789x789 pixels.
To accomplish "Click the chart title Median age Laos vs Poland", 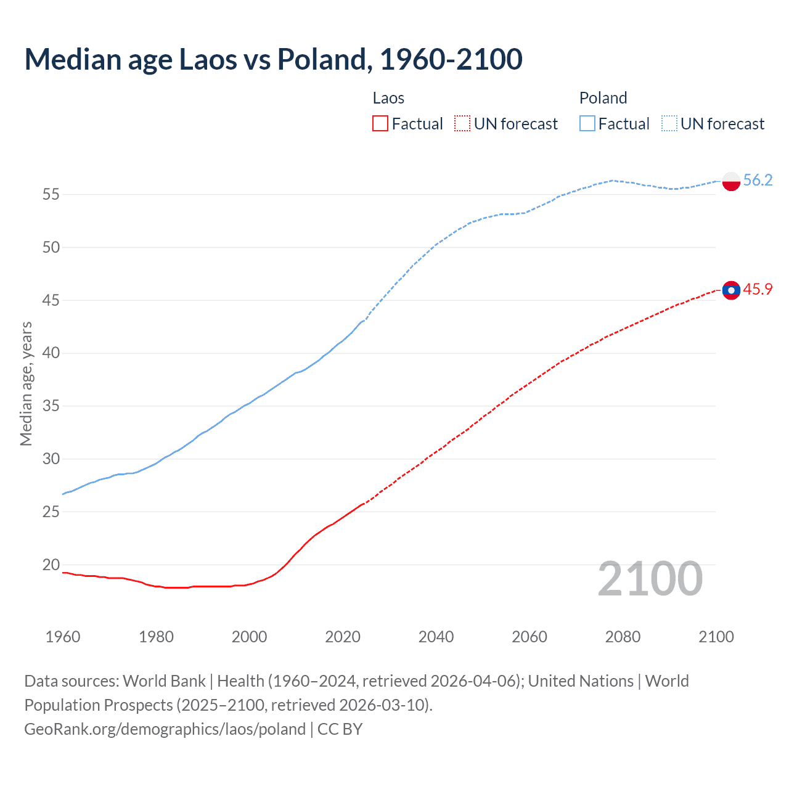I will (273, 59).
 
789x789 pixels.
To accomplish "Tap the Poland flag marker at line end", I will (731, 181).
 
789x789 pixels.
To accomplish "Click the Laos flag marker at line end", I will (731, 290).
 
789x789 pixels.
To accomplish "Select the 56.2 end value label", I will (758, 180).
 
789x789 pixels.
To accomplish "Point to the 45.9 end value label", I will (758, 289).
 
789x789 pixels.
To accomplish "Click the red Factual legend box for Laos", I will (380, 124).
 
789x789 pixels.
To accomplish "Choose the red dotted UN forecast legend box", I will (462, 124).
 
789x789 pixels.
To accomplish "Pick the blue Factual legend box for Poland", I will (587, 124).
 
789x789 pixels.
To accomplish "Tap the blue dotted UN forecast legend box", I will (669, 124).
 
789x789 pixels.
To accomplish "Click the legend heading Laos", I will (388, 98).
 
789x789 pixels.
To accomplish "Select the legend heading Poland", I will (603, 98).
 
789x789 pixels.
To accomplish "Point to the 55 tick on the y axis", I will (51, 195).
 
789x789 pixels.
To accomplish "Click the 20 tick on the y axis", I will (51, 565).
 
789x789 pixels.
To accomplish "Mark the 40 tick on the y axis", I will (51, 353).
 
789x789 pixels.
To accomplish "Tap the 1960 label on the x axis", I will (63, 637).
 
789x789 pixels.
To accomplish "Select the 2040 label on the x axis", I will (436, 637).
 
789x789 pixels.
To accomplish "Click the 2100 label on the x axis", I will (716, 637).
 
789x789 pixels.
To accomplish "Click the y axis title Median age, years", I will (26, 383).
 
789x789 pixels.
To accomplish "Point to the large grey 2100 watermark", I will (650, 579).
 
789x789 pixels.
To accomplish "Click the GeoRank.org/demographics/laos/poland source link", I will (165, 729).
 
